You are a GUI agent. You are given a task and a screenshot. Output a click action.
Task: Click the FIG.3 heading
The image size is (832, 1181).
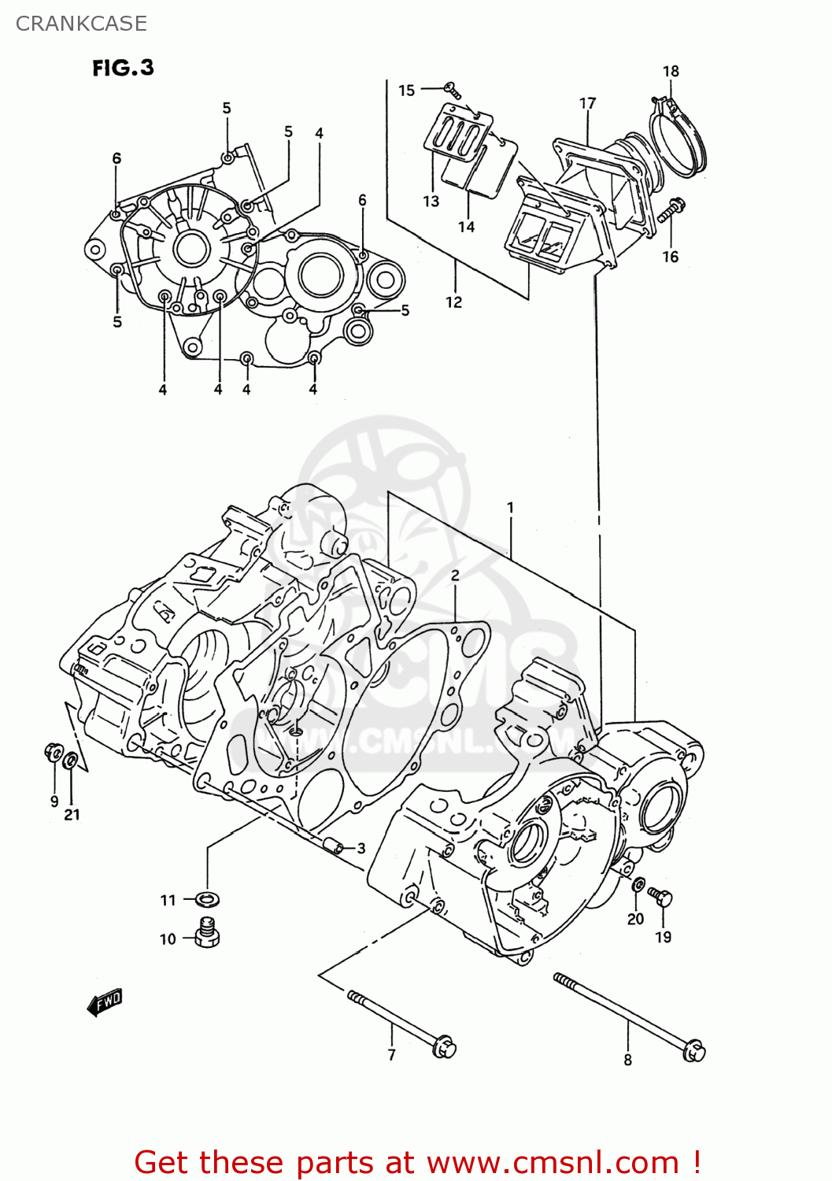click(x=123, y=68)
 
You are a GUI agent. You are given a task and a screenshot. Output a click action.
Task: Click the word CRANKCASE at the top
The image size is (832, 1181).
click(x=81, y=24)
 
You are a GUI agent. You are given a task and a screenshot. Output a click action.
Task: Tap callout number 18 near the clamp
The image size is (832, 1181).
click(x=671, y=71)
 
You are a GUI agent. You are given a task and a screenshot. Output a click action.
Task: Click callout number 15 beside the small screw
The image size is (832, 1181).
click(x=406, y=90)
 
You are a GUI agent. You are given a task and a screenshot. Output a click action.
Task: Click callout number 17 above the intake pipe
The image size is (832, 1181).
click(x=587, y=103)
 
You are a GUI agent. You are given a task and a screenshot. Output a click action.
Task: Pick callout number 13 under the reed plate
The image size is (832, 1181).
click(x=431, y=202)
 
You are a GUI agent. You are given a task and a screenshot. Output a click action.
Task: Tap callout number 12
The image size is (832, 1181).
click(x=453, y=302)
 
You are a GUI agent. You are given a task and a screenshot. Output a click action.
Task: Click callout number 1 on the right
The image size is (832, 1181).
click(x=510, y=508)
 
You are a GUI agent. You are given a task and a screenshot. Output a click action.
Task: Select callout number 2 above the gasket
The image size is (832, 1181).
click(x=455, y=576)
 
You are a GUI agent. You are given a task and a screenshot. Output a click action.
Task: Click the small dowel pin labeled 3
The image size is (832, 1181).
click(x=335, y=847)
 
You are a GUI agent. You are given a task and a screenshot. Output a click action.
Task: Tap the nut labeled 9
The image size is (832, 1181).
click(x=54, y=753)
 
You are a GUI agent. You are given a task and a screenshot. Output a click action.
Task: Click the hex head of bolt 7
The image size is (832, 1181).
click(x=445, y=1048)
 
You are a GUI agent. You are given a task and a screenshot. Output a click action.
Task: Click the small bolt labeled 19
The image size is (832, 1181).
click(x=660, y=896)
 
